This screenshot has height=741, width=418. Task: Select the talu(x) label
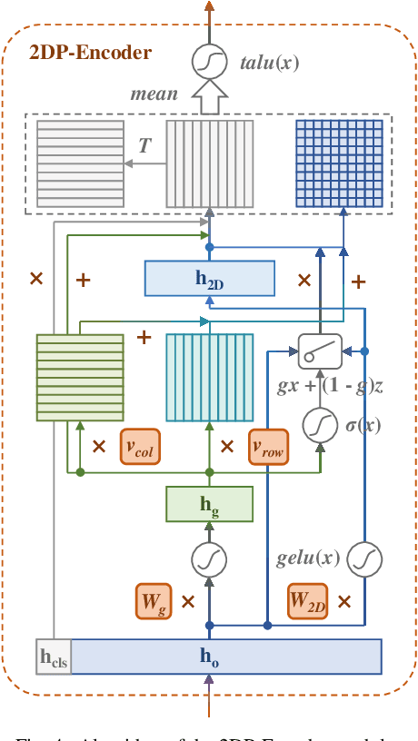(x=269, y=63)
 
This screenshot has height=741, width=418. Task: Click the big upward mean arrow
(x=210, y=93)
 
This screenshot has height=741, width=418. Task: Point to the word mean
(x=154, y=94)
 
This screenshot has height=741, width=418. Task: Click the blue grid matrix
(x=326, y=164)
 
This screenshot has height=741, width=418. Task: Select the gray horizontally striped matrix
(x=80, y=163)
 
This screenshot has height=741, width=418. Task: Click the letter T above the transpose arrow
(x=144, y=145)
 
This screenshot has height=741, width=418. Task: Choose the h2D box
(x=210, y=279)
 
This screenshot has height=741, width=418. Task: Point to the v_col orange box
(x=139, y=447)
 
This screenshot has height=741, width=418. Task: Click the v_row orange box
(x=268, y=447)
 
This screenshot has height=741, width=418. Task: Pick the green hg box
(x=210, y=504)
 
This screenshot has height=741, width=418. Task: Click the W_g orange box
(x=154, y=600)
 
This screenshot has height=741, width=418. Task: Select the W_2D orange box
(x=307, y=600)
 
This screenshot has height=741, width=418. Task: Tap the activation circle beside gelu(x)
(x=364, y=558)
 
